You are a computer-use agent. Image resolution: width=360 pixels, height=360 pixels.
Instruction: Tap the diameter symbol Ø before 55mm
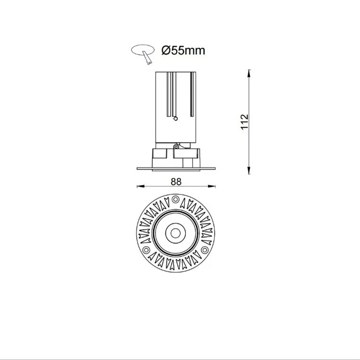click(x=166, y=50)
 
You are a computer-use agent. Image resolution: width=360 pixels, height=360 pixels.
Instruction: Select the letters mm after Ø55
click(x=196, y=50)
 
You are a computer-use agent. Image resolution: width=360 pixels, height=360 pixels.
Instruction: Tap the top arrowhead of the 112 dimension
click(x=249, y=73)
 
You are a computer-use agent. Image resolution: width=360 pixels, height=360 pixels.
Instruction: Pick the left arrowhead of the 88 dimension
click(x=140, y=187)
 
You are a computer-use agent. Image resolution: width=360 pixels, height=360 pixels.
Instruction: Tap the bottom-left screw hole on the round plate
click(x=145, y=250)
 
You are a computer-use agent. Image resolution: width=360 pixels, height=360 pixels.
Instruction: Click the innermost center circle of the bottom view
click(x=175, y=233)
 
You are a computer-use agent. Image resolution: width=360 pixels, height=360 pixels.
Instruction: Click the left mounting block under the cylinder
click(x=159, y=155)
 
